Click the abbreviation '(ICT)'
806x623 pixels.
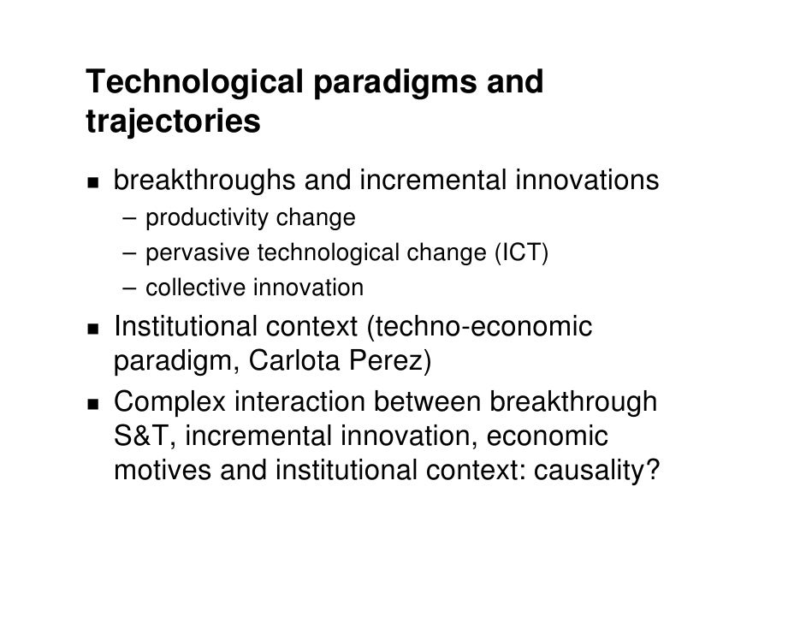coord(519,253)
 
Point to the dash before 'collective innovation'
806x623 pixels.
coord(127,288)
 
